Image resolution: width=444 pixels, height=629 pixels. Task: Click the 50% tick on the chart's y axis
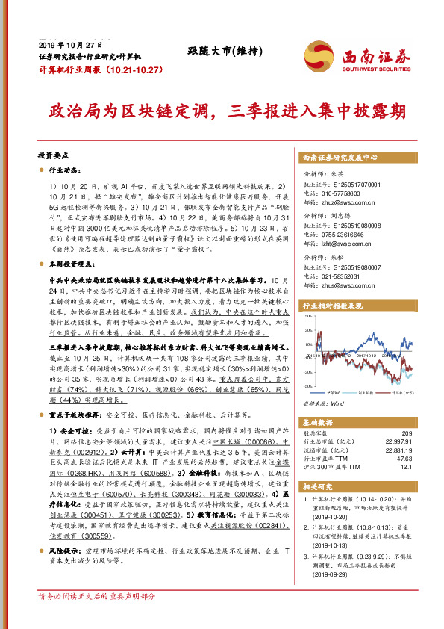click(x=306, y=317)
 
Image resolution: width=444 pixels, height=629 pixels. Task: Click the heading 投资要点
click(x=53, y=158)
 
